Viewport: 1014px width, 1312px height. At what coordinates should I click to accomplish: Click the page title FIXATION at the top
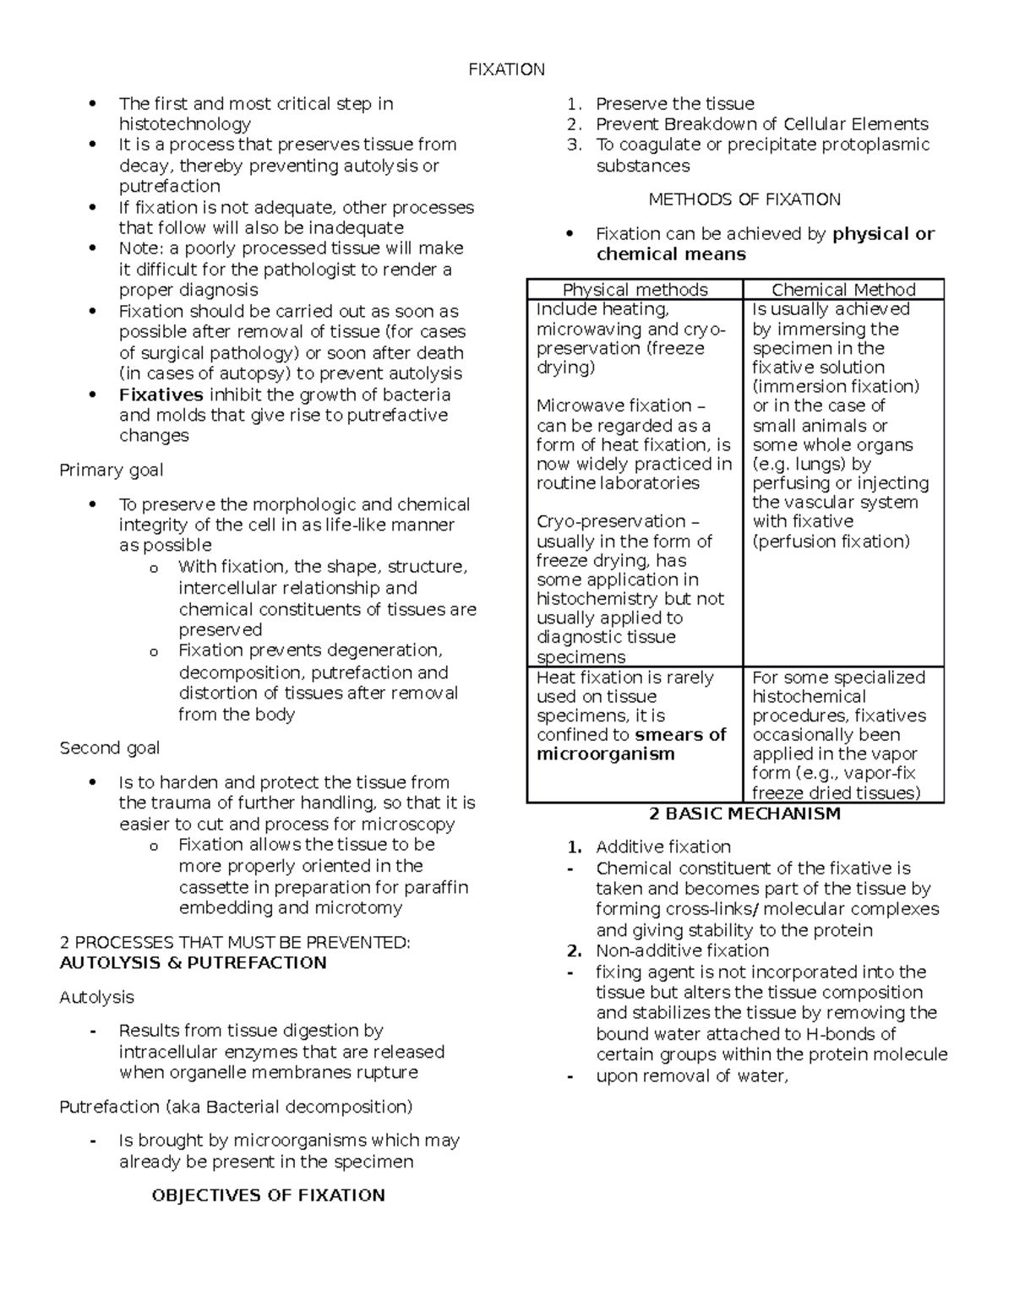[x=506, y=69]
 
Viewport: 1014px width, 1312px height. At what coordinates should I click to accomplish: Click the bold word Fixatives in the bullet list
[x=161, y=395]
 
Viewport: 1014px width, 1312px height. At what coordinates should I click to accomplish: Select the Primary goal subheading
[x=111, y=470]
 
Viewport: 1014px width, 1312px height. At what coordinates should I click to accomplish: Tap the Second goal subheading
[x=109, y=748]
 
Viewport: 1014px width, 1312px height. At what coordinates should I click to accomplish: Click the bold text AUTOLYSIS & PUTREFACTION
[x=193, y=962]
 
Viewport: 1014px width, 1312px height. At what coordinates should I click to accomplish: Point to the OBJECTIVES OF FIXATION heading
[x=268, y=1195]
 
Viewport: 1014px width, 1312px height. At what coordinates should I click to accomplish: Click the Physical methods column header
[x=635, y=289]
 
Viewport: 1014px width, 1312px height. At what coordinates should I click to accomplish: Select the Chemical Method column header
[x=843, y=289]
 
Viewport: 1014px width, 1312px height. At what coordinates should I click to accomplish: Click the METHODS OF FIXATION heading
[x=744, y=199]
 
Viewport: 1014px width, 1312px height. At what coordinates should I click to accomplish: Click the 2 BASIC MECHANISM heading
[x=744, y=814]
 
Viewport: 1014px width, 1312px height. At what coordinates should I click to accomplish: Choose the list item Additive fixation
[x=662, y=847]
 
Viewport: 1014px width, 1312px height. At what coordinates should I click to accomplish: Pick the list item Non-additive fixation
[x=681, y=950]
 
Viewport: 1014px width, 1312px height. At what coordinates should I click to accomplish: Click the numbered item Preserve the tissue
[x=674, y=104]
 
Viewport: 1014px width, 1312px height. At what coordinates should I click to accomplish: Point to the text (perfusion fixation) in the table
[x=831, y=541]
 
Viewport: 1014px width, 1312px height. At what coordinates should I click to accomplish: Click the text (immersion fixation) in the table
[x=835, y=386]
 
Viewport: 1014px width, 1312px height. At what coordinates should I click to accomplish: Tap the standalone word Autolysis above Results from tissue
[x=96, y=997]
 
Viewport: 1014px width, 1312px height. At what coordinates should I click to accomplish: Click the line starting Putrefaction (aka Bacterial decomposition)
[x=236, y=1106]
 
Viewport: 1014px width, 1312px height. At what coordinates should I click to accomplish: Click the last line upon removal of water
[x=691, y=1075]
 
